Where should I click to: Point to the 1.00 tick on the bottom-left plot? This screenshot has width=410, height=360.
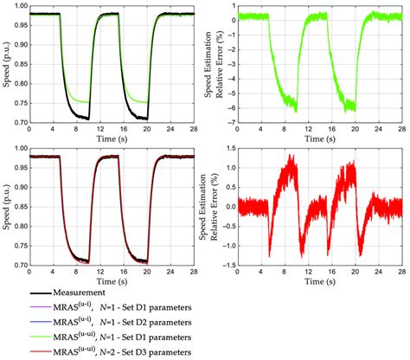point(19,148)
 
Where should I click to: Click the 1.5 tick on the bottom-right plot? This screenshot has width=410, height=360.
point(227,148)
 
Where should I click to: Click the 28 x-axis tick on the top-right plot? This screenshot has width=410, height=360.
point(402,128)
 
